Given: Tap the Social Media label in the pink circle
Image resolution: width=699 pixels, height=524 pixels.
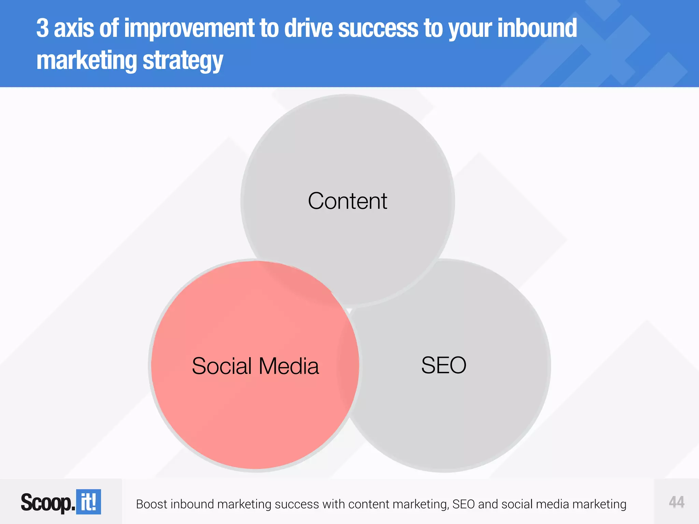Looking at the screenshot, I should [255, 366].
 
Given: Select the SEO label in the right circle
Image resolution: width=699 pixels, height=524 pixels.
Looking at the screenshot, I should [444, 365].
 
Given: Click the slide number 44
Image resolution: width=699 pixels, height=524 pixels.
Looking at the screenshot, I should [676, 502].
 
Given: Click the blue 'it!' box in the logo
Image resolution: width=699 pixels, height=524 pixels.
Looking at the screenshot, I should [88, 502].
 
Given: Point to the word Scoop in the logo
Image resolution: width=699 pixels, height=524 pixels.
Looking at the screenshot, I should [46, 503].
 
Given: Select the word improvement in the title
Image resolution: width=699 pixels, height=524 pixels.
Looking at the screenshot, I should [189, 29].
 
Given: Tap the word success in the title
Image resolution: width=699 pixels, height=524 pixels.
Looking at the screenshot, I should [378, 29].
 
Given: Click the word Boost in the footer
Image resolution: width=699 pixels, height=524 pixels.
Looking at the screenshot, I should [152, 504].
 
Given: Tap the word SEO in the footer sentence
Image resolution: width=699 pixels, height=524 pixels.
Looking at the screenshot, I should [463, 504].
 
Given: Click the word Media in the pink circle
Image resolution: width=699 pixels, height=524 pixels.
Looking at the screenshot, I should [289, 366].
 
